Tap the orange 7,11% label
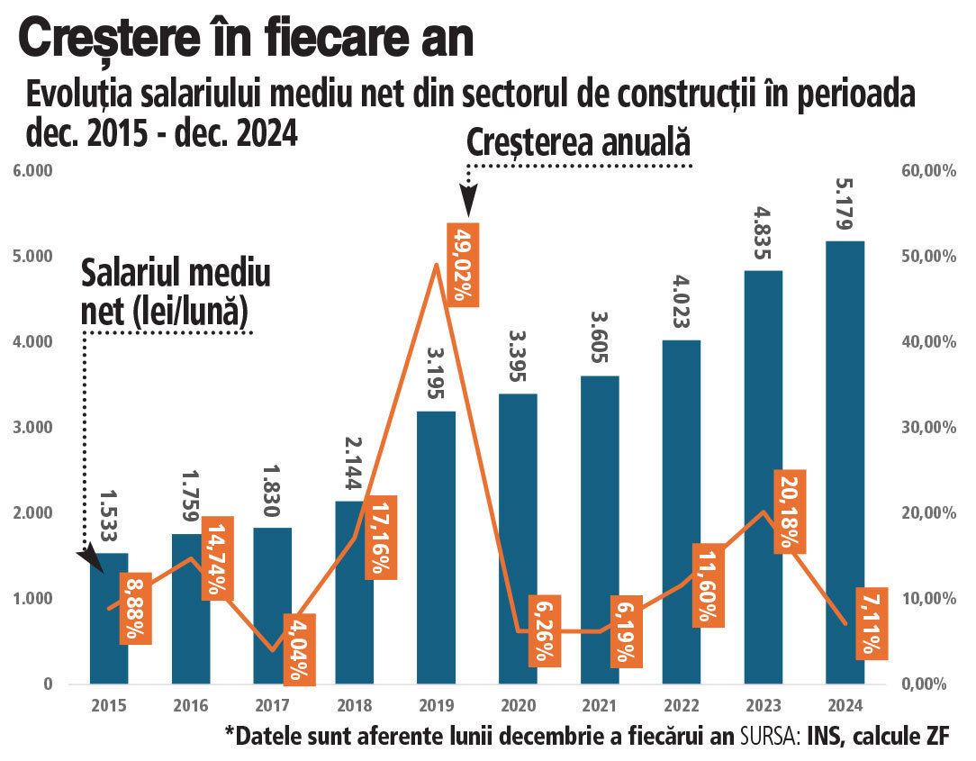click(871, 623)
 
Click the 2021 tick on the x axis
click(600, 705)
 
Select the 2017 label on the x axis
click(273, 705)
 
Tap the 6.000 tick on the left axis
click(33, 171)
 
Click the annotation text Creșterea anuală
click(577, 142)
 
